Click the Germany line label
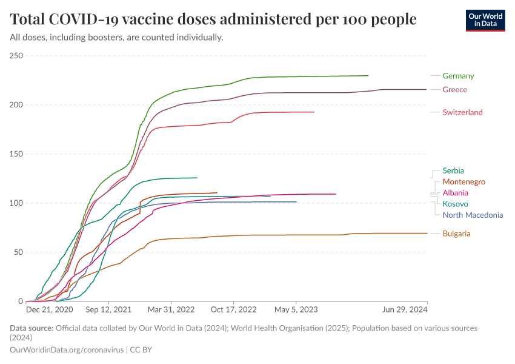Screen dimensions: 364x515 458,76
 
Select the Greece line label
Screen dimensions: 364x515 454,90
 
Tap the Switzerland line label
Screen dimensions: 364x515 462,112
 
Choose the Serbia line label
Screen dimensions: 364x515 453,170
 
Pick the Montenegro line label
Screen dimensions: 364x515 463,181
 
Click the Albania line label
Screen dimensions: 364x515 455,193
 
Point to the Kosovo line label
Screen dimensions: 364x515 455,204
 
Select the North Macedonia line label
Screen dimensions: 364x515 473,215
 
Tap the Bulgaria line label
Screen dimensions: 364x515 456,234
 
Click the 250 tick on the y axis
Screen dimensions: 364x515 16,56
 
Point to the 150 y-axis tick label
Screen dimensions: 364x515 16,154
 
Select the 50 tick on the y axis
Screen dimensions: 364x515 18,252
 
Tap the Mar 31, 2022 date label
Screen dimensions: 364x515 173,309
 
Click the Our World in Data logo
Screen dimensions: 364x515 485,20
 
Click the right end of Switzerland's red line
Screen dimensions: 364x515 314,112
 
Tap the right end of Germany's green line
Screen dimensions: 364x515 368,76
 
